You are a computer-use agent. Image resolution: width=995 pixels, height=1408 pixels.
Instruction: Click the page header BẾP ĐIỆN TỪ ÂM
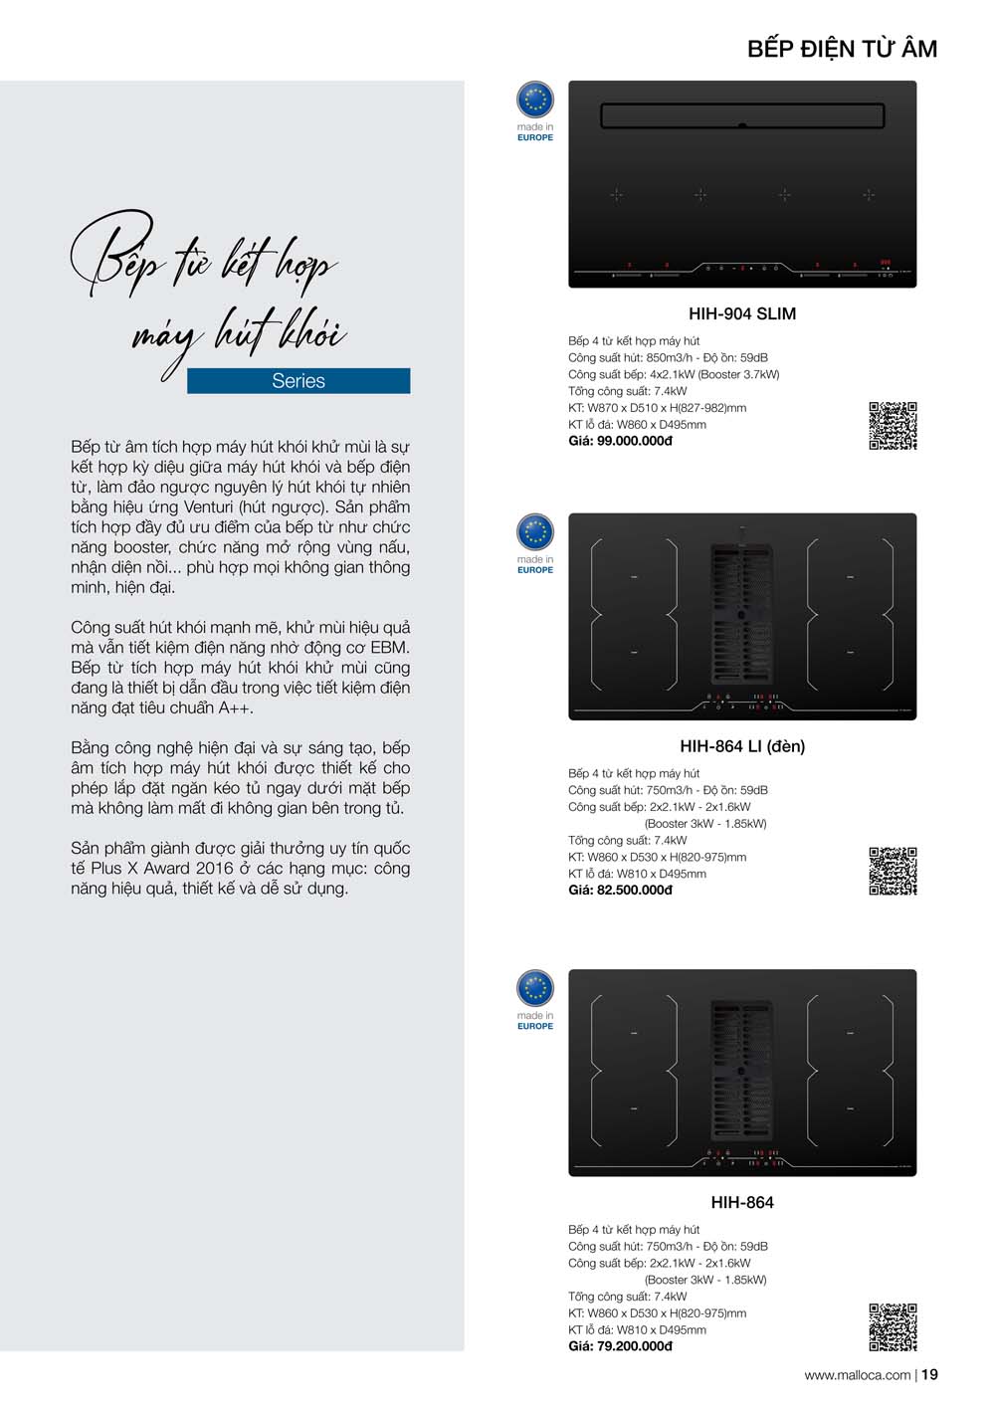(x=842, y=49)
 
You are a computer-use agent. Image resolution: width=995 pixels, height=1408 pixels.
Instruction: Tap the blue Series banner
(x=298, y=381)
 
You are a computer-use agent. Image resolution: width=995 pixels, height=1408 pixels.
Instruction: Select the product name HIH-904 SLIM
(x=742, y=313)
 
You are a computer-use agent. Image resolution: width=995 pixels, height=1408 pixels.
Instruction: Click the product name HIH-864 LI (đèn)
(x=742, y=746)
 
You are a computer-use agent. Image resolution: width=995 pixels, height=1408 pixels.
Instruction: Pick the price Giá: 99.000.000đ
(x=620, y=441)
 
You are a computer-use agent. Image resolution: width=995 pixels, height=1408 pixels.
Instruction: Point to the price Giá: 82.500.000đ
(x=620, y=890)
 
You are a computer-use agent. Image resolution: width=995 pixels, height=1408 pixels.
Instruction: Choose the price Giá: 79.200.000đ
(x=620, y=1346)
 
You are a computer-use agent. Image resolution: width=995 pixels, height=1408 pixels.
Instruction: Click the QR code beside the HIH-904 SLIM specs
(x=893, y=426)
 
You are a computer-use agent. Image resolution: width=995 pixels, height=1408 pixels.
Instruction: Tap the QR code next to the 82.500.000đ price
(x=893, y=872)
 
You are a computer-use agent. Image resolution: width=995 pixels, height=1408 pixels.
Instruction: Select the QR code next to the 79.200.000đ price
(x=893, y=1327)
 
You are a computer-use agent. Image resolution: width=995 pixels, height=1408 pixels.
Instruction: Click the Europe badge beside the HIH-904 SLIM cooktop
(x=535, y=101)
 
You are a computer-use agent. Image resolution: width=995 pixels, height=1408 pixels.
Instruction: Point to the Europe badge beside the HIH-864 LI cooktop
(x=535, y=533)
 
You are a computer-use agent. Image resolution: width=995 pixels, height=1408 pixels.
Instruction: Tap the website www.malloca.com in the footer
(x=857, y=1375)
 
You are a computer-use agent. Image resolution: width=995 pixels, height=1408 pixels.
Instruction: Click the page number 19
(x=929, y=1375)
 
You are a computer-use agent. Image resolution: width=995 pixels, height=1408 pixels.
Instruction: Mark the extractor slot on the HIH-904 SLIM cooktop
(x=742, y=116)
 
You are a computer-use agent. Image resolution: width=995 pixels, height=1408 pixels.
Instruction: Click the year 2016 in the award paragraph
(x=214, y=869)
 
